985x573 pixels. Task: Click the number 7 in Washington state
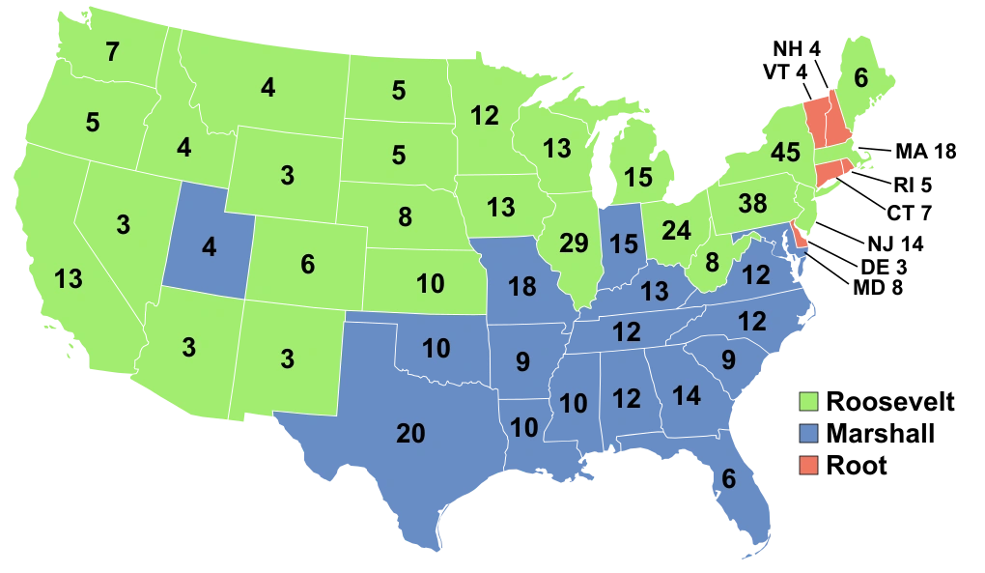[x=113, y=52]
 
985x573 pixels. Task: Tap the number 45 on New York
[x=785, y=153]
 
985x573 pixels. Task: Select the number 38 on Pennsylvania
[x=751, y=204]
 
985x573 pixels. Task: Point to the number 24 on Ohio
[x=676, y=231]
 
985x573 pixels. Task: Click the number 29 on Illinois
[x=574, y=244]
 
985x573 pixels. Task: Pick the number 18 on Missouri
[x=521, y=286]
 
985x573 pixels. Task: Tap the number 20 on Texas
[x=410, y=435]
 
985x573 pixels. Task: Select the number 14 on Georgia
[x=686, y=395]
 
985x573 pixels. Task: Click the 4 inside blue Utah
[x=209, y=247]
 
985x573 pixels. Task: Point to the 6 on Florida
[x=728, y=479]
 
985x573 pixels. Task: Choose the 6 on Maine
[x=860, y=79]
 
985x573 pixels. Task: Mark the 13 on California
[x=69, y=280]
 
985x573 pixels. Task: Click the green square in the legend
[x=808, y=400]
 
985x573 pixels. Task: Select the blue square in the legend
[x=808, y=433]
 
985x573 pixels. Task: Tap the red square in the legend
[x=808, y=466]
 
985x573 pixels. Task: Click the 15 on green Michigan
[x=637, y=178]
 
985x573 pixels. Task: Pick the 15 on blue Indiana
[x=624, y=244]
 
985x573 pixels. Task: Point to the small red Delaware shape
[x=798, y=235]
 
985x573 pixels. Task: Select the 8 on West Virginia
[x=713, y=262]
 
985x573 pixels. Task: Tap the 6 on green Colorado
[x=307, y=265]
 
